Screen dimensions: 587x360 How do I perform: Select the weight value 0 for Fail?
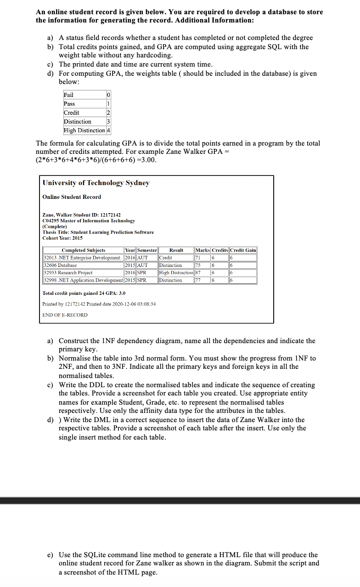coord(108,95)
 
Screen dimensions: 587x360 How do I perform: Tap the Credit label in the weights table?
coord(72,113)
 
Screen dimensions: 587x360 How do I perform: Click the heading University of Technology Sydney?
coord(96,183)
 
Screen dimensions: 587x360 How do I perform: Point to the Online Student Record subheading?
coord(72,197)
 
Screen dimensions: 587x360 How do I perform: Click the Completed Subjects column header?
coord(84,250)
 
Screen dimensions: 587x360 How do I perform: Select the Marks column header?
coord(202,250)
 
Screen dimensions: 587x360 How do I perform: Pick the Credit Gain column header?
coord(243,250)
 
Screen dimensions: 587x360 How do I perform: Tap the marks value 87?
coord(198,272)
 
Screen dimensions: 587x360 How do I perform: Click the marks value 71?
coord(198,258)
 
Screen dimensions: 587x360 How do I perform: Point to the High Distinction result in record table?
coord(176,272)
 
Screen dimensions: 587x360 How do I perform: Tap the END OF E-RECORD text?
coord(65,315)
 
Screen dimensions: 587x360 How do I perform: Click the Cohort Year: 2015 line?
coord(62,238)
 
